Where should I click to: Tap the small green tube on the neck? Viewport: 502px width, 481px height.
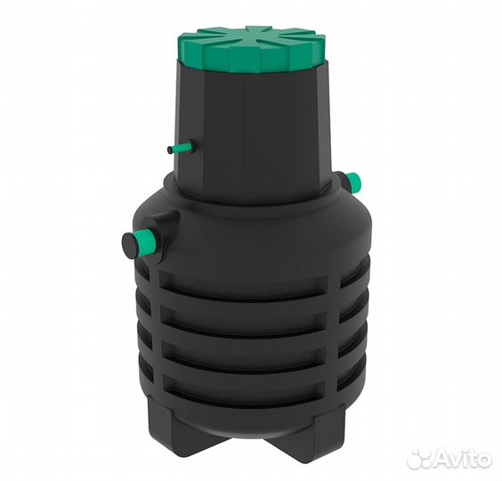click(181, 149)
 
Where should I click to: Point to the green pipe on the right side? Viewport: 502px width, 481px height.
click(354, 182)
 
